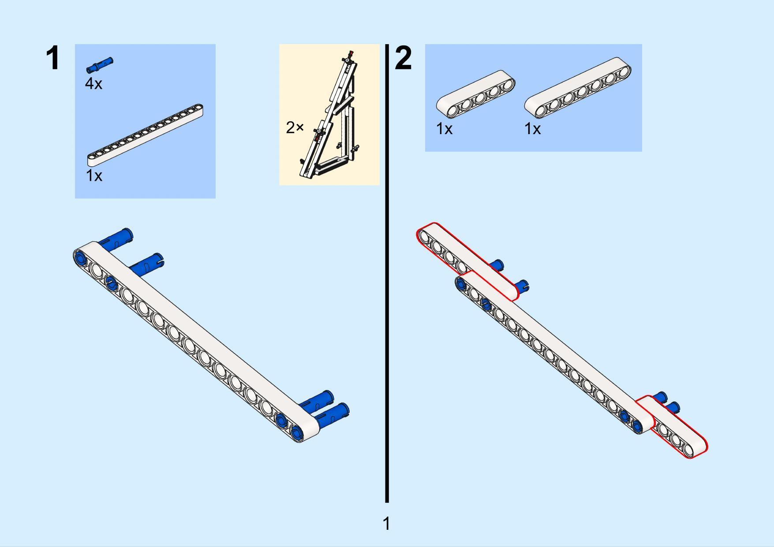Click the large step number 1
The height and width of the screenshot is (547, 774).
coord(52,58)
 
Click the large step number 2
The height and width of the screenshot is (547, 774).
coord(403,58)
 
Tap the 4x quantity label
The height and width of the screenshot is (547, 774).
coord(93,83)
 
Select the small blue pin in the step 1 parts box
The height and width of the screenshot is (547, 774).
coord(100,64)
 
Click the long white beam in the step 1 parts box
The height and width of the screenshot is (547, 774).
coord(146,135)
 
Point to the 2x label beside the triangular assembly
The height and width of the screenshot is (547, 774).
coord(295,127)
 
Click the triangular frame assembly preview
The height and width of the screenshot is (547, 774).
coord(329,116)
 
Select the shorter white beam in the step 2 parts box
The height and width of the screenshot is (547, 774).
coord(476,94)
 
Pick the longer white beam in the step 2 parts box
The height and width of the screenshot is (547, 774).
coord(578,88)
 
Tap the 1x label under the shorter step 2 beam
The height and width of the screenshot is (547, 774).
coord(444,129)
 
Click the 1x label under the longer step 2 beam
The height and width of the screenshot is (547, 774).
coord(532,129)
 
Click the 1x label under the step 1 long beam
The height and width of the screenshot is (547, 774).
coord(94,176)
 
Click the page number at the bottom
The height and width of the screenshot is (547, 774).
coord(386,524)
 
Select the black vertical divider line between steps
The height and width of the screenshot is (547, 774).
coord(387,273)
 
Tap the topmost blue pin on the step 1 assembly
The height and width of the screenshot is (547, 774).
coord(116,237)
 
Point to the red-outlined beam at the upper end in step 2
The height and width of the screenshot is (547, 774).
coord(467,262)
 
